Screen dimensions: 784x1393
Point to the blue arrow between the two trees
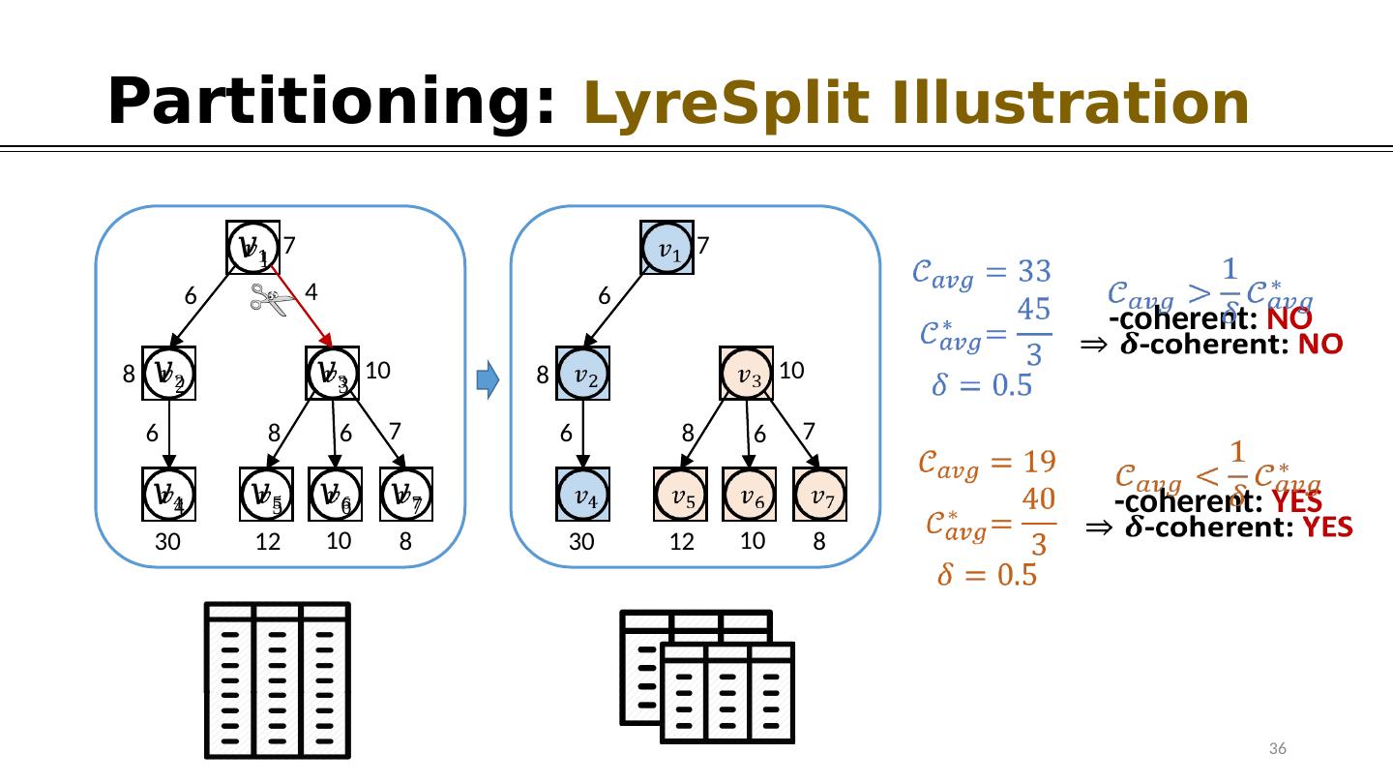tap(489, 381)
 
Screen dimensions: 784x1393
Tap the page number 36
tap(1277, 749)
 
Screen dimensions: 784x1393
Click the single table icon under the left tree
tap(278, 679)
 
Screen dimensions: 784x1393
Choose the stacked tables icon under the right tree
tap(707, 677)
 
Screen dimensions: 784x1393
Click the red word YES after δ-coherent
tap(1323, 528)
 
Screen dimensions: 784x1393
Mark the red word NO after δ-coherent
tap(1316, 344)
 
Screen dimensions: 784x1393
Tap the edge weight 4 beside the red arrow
tap(311, 290)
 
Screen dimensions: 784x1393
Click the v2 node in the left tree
tap(169, 374)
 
